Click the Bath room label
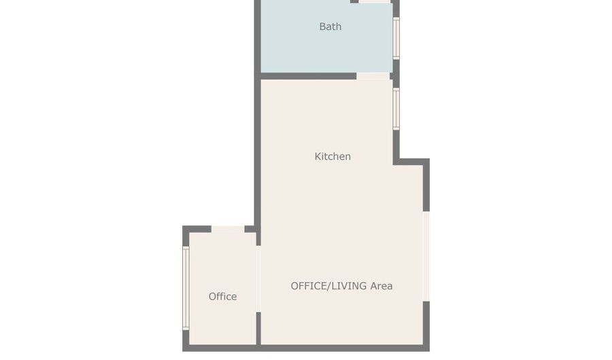[330, 27]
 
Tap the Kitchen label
[333, 157]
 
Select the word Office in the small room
[222, 297]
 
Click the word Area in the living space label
[381, 286]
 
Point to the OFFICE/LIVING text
[328, 286]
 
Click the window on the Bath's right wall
[396, 37]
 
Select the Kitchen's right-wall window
[396, 108]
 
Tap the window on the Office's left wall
[186, 288]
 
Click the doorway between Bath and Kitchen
[373, 76]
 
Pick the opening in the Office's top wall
[228, 229]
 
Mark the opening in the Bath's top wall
[375, 1]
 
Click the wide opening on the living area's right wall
[426, 256]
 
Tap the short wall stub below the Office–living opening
[258, 328]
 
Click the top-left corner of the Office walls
[186, 229]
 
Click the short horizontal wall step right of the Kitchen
[412, 161]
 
